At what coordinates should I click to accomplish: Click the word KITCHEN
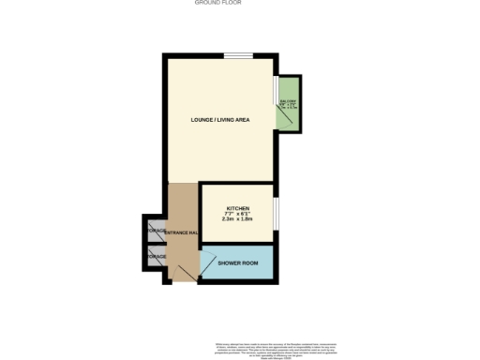(238, 207)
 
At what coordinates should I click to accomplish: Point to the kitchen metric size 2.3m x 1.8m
(238, 219)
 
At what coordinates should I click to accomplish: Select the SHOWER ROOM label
(237, 262)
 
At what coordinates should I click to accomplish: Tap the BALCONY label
(288, 100)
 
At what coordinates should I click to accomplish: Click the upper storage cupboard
(155, 231)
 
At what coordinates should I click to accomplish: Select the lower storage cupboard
(155, 256)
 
